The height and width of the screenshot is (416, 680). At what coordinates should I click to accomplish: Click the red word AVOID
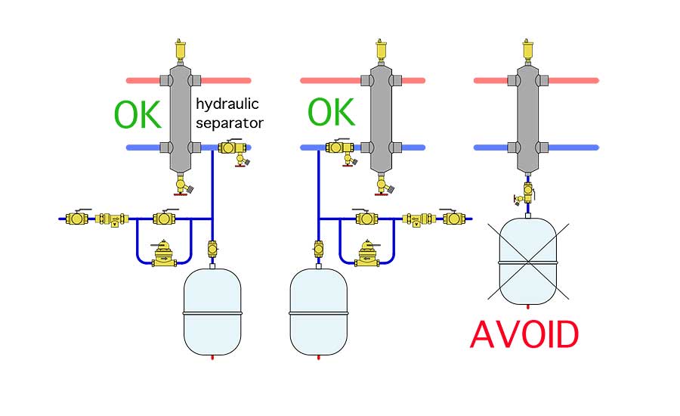[524, 334]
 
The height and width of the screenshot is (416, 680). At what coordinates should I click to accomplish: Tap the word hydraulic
[227, 104]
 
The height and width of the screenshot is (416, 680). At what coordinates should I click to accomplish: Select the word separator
[230, 123]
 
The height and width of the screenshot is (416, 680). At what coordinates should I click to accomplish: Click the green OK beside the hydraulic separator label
[138, 115]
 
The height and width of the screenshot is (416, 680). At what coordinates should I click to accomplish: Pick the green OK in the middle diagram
[332, 112]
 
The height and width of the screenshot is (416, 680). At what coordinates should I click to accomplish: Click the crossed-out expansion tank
[528, 262]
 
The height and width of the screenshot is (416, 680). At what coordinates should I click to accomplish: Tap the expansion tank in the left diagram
[212, 312]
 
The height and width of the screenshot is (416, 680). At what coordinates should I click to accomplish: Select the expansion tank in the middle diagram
[319, 312]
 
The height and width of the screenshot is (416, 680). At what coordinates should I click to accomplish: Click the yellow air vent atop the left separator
[181, 50]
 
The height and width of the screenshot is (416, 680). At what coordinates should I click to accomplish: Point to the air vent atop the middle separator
[382, 50]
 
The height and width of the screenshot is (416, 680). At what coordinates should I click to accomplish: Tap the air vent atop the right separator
[528, 50]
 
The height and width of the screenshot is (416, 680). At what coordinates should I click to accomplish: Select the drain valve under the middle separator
[384, 184]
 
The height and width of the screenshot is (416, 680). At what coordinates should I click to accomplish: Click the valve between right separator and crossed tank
[526, 194]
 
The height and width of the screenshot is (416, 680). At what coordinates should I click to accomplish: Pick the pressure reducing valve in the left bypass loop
[164, 253]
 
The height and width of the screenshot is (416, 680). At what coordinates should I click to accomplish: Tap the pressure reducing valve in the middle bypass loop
[367, 253]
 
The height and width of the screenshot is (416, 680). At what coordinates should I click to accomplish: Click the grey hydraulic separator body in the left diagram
[181, 117]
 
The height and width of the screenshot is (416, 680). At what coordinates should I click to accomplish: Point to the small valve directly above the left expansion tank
[212, 249]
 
